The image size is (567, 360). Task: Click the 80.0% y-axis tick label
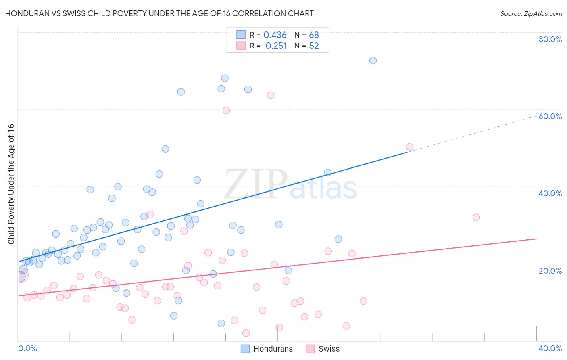(x=550, y=39)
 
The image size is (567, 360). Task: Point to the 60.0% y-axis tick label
(x=550, y=116)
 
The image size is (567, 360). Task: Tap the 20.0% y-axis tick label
(x=550, y=270)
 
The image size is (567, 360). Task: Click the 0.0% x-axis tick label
(x=27, y=348)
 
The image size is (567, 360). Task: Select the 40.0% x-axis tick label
(x=550, y=348)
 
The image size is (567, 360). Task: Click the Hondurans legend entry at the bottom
(x=267, y=349)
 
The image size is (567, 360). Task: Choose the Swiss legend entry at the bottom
(x=323, y=349)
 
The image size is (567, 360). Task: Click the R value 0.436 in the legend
(x=275, y=35)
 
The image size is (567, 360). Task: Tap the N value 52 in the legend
(x=314, y=46)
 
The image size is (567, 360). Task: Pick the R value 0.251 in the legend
(x=276, y=46)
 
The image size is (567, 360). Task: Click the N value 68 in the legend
(x=314, y=35)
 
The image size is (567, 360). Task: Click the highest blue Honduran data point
(x=373, y=61)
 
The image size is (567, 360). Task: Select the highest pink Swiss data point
(x=271, y=95)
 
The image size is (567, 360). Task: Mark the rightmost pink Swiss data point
(x=476, y=217)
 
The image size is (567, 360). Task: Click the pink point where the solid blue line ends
(x=410, y=147)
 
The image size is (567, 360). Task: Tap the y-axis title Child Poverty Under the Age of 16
(x=11, y=184)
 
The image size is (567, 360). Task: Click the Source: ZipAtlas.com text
(x=531, y=14)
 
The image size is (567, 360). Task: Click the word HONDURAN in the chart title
(x=27, y=14)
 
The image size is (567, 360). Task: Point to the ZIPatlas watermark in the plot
(x=290, y=184)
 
